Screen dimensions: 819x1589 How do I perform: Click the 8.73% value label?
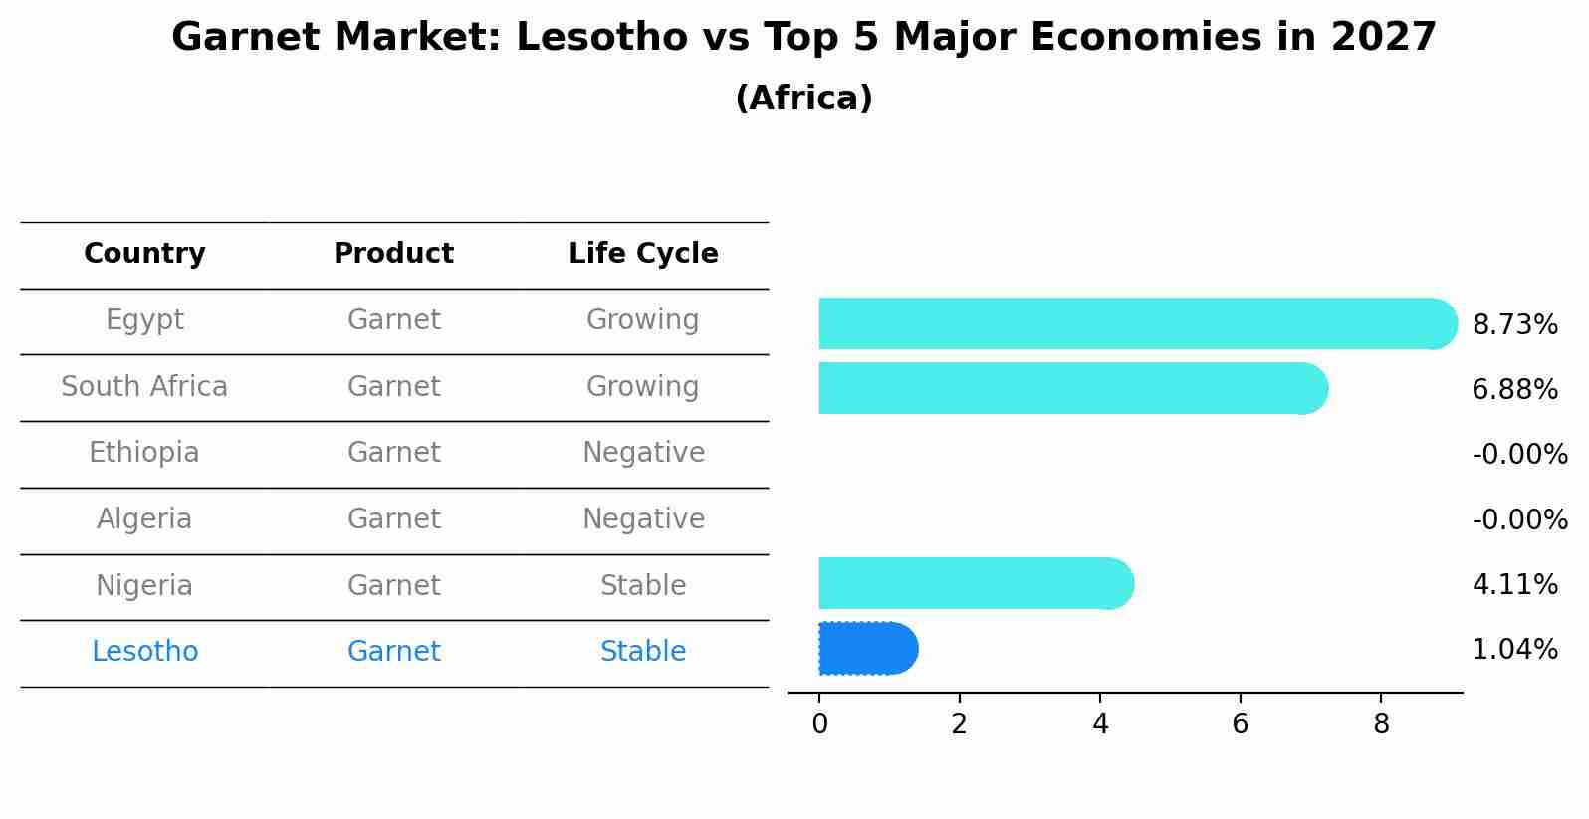click(x=1514, y=325)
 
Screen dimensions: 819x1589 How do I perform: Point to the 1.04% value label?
click(x=1514, y=650)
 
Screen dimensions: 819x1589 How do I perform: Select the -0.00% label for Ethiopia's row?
click(x=1519, y=455)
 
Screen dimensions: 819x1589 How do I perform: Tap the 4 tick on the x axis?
click(x=1099, y=724)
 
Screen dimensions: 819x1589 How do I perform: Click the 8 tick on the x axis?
click(x=1380, y=724)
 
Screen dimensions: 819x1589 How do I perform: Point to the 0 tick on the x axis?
click(x=819, y=724)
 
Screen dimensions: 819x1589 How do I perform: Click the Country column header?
click(x=144, y=254)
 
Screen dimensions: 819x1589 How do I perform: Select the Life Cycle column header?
click(x=643, y=254)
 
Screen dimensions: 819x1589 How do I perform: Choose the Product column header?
click(x=393, y=254)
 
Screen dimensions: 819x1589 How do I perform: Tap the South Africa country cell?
click(x=144, y=387)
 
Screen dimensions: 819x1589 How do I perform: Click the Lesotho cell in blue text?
click(x=144, y=652)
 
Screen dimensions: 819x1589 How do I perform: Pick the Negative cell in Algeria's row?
click(x=643, y=519)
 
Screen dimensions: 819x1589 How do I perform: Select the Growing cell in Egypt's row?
click(x=642, y=320)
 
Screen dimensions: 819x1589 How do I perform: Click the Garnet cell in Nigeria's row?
click(x=393, y=586)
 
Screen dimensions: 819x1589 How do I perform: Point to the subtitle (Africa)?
click(x=803, y=99)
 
